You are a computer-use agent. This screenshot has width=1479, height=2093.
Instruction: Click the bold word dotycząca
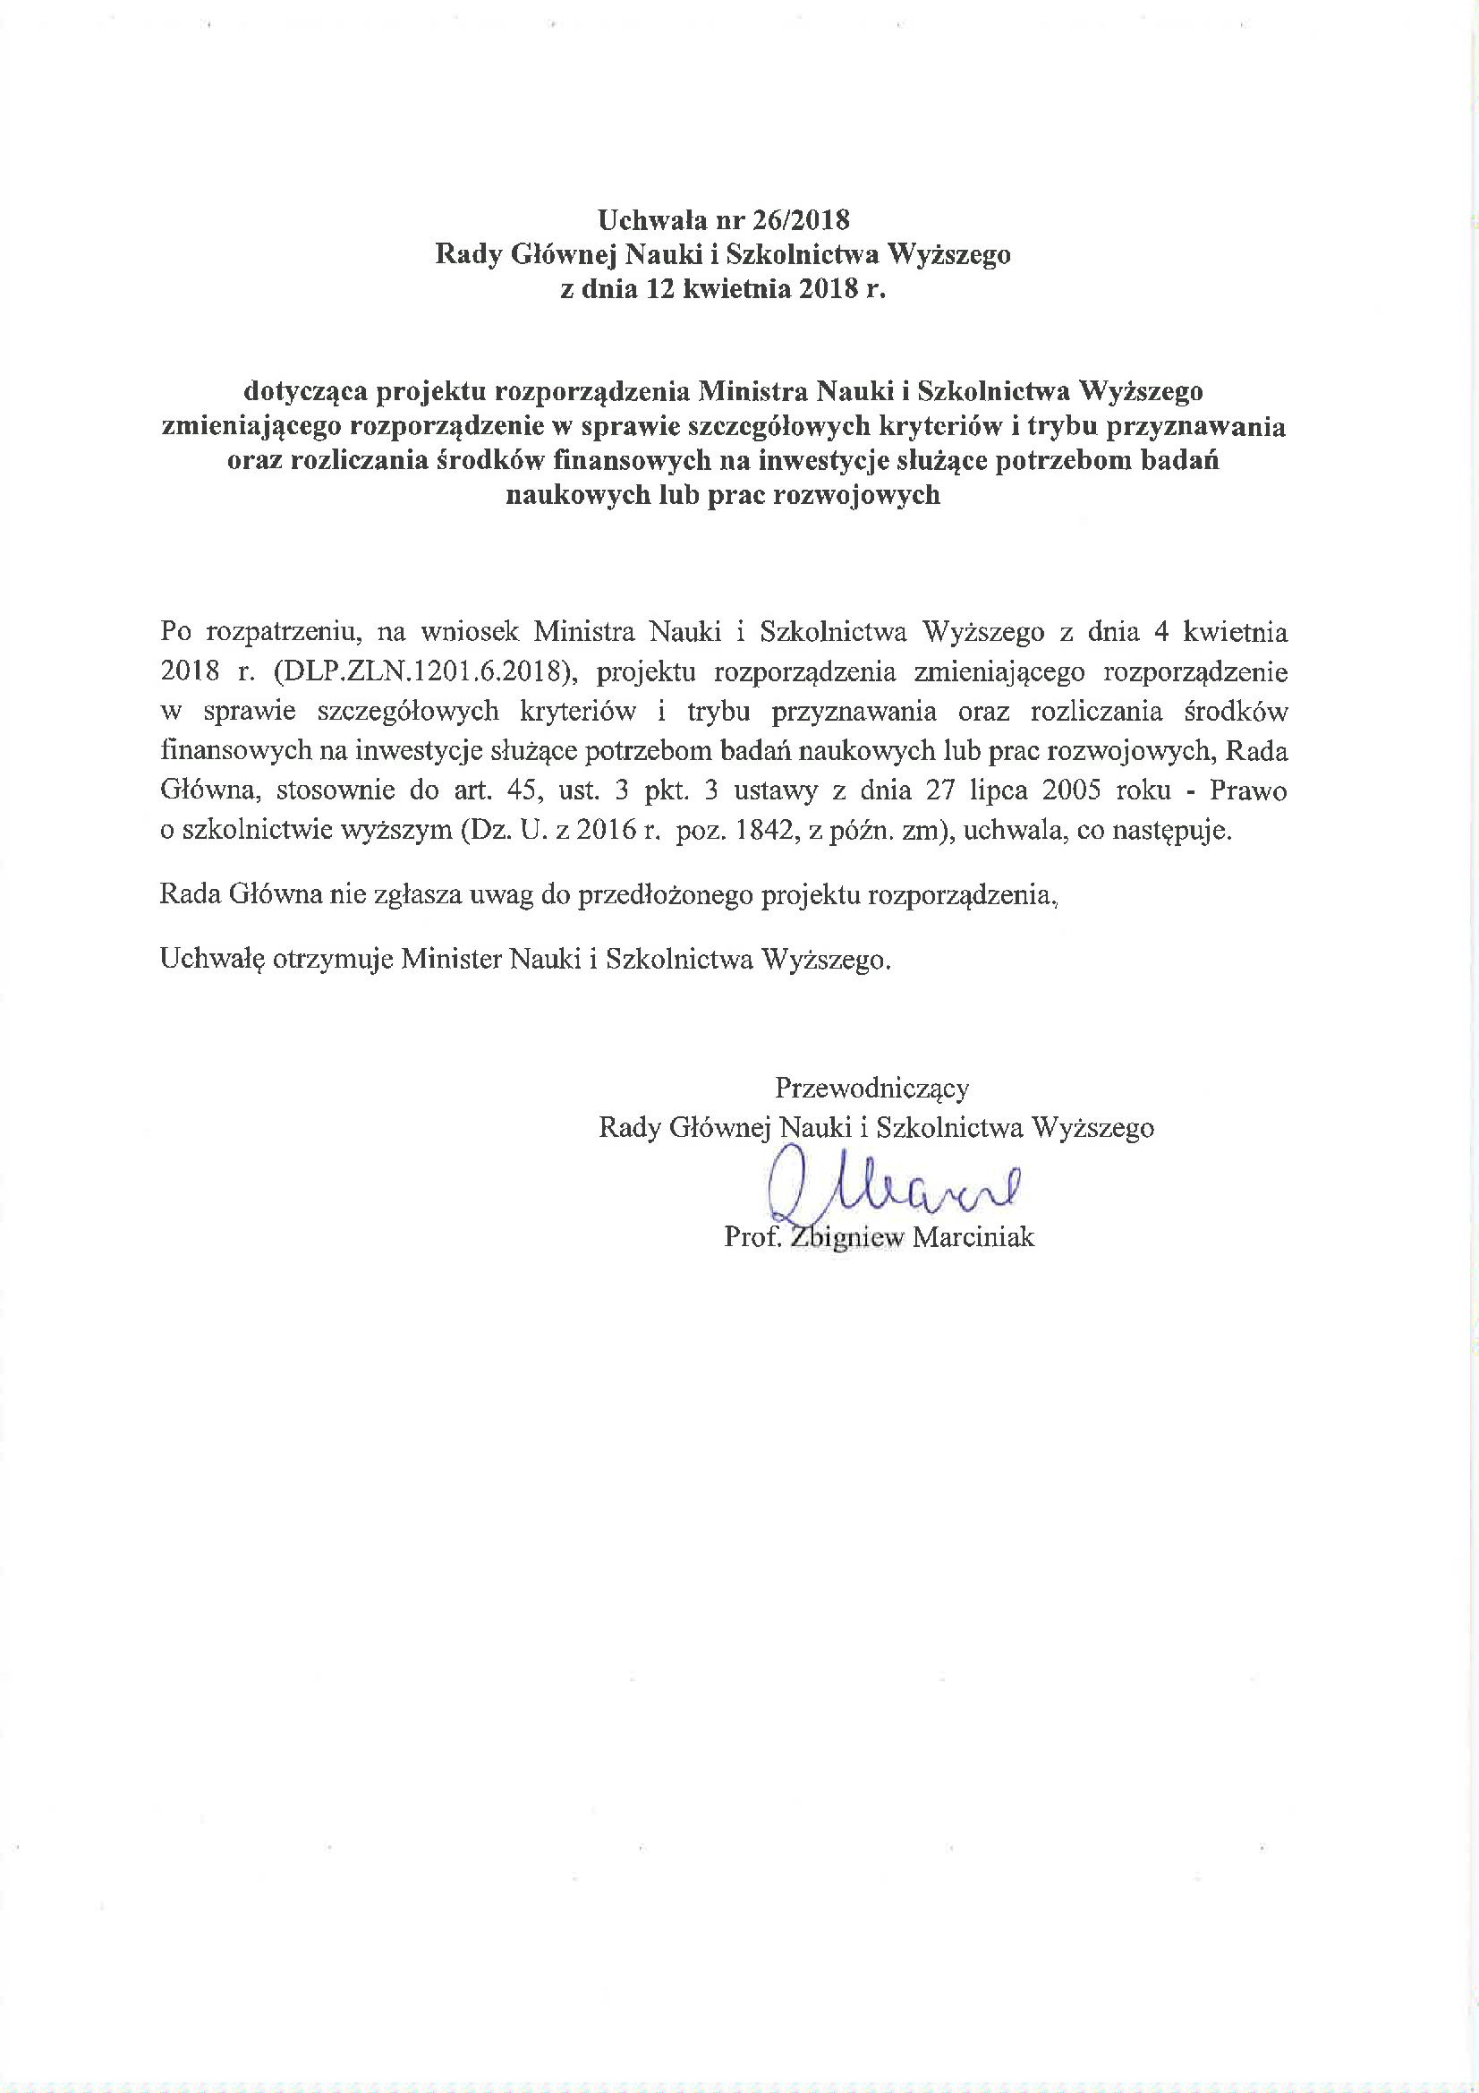pos(306,391)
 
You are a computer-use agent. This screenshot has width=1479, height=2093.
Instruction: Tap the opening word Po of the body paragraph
pos(176,631)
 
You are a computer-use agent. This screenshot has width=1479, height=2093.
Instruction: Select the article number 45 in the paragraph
pos(524,790)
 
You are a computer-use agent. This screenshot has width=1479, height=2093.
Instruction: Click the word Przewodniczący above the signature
pos(872,1087)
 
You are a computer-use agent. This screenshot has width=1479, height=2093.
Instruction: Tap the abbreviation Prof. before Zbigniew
pos(752,1237)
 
